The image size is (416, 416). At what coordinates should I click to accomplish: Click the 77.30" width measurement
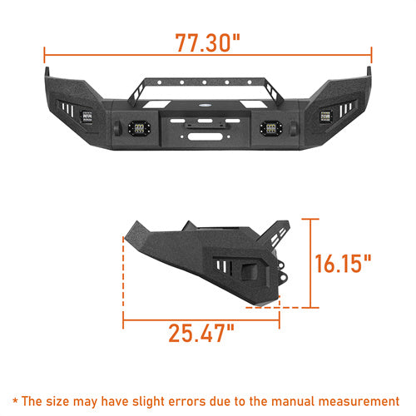(207, 42)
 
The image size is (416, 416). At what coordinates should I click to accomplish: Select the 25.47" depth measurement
(202, 334)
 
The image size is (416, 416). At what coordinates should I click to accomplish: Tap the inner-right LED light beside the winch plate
(269, 128)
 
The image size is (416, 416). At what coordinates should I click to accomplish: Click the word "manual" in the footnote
(301, 400)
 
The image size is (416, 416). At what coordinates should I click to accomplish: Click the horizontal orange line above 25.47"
(201, 316)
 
